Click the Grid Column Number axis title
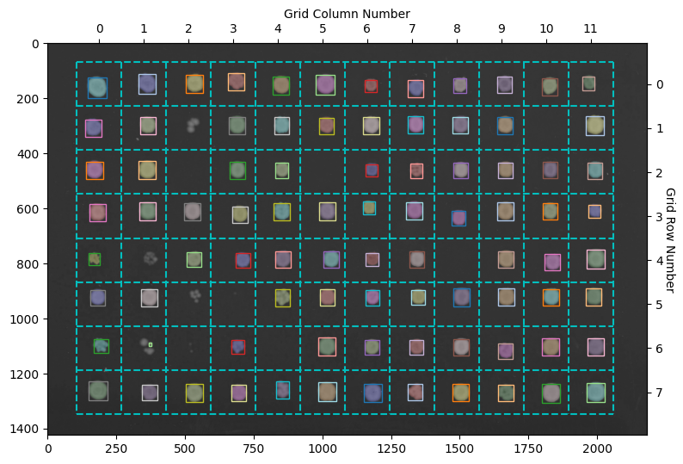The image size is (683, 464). pos(347,14)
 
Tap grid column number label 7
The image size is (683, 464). pos(412,28)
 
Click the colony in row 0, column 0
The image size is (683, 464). pos(97,87)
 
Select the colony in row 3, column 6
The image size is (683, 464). pos(369,207)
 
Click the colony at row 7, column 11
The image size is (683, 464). pos(595,393)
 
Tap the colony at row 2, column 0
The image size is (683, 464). pos(95,170)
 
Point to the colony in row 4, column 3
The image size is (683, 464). pos(243,260)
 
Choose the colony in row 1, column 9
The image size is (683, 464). pos(505,125)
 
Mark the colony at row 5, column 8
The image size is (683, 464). pos(462,297)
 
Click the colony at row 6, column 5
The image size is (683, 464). pos(327,346)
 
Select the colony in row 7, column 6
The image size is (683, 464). pos(372,393)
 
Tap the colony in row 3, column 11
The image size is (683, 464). pos(594,211)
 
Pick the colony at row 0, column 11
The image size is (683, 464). pos(588,84)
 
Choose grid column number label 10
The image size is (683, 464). pos(546,28)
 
